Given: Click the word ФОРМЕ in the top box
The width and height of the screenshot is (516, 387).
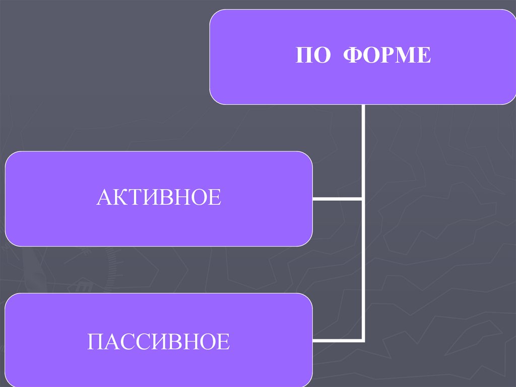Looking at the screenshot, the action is click(x=387, y=56).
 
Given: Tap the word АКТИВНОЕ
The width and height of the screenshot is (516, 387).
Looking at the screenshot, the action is click(x=158, y=197).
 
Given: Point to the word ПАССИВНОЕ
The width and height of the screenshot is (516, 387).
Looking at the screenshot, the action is click(x=158, y=342).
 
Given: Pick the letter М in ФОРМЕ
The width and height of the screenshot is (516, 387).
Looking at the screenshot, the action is click(x=406, y=56).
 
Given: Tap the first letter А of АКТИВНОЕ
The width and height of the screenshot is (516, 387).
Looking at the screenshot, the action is click(x=104, y=197).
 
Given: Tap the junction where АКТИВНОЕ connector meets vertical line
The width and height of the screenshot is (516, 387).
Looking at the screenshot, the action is click(x=363, y=198).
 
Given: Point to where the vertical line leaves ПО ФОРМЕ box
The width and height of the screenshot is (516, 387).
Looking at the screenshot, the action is click(x=363, y=106).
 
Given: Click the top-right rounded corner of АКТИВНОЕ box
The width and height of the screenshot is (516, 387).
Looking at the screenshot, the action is click(x=308, y=155).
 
